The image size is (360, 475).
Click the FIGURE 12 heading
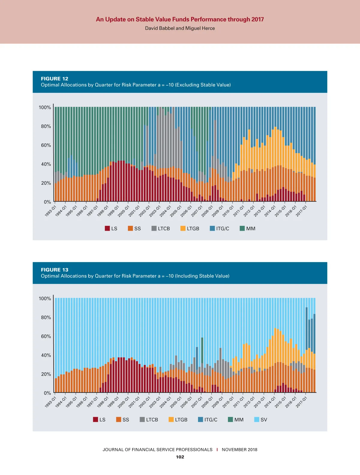[55, 79]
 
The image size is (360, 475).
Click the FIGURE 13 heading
[55, 270]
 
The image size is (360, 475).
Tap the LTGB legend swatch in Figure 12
[183, 228]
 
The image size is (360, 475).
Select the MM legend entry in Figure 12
[248, 228]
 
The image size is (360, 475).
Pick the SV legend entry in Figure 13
[261, 419]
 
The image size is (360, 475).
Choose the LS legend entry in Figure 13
[99, 419]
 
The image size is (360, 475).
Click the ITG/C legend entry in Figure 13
[208, 419]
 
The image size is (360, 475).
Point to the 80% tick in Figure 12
[46, 126]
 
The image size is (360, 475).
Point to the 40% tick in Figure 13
[46, 355]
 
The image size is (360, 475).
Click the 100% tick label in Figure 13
[45, 298]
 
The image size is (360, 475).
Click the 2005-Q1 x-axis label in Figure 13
[176, 402]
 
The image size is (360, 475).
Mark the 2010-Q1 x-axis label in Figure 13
[228, 402]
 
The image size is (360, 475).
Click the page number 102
[180, 457]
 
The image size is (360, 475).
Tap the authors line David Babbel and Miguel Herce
[180, 28]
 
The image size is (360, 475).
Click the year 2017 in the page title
[257, 20]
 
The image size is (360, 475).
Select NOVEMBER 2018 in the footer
[239, 449]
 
